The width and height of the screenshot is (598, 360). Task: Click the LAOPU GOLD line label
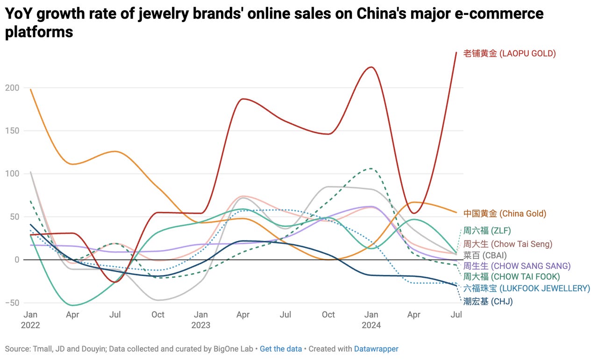coord(509,54)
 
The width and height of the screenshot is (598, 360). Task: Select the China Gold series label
coord(505,214)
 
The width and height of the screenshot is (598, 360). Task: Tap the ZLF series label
coord(487,231)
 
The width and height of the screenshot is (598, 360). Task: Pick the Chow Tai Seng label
coord(507,244)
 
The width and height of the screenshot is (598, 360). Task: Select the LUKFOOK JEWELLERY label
coord(527,289)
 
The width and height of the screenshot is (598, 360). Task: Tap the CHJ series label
coord(488,302)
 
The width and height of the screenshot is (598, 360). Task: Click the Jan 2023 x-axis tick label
coord(201,320)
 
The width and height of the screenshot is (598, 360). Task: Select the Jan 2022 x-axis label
coord(30,320)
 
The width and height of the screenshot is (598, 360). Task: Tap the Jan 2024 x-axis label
coord(371,320)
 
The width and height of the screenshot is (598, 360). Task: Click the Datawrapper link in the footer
coord(376,349)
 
